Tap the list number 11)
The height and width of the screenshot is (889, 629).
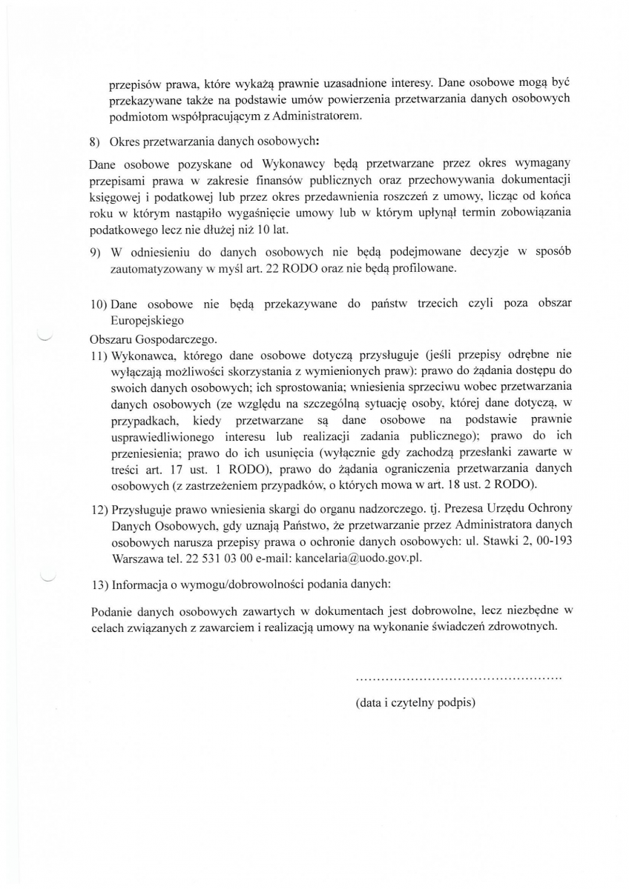coord(99,355)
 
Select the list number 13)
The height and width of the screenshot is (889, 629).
coord(99,585)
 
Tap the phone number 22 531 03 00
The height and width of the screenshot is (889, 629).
coord(216,557)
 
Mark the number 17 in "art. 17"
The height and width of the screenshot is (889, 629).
coord(175,469)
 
